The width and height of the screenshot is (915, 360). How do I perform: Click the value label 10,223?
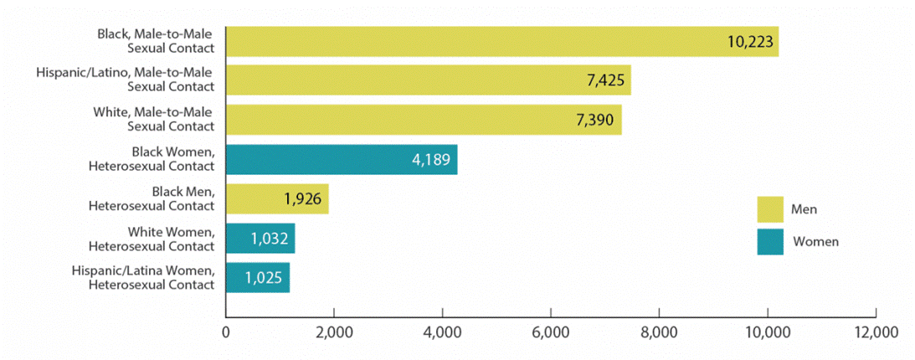point(749,42)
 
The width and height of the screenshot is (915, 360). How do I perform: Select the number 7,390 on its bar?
point(595,120)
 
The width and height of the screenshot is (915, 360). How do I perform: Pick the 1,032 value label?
point(269,239)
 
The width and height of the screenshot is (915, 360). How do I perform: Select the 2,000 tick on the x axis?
point(333,332)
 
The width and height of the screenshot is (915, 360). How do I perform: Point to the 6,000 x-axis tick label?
point(550,332)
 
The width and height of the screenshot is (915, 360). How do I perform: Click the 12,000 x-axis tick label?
point(876,332)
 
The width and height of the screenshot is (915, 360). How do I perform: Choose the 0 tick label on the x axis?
point(226,332)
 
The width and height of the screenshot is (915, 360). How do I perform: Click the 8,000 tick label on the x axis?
point(658,332)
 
